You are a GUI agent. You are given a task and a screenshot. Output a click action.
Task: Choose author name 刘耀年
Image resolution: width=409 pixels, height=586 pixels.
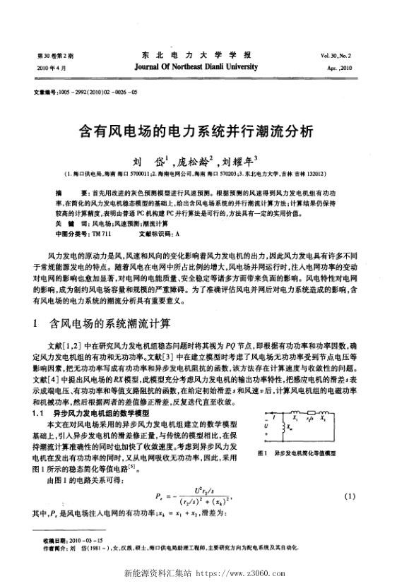[x=243, y=160]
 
